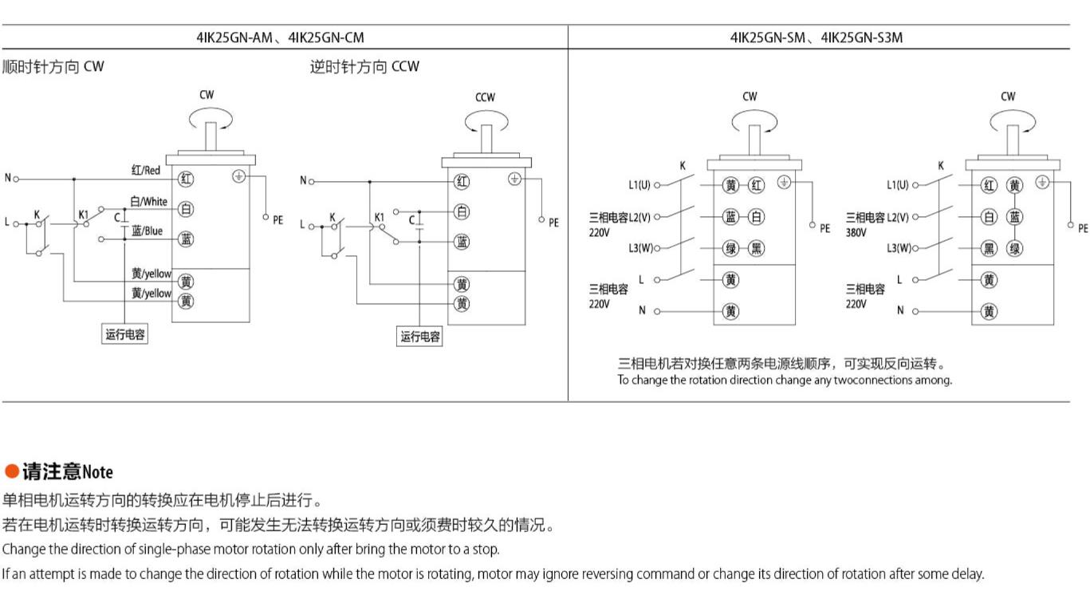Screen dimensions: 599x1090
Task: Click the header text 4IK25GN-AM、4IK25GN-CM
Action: tap(281, 37)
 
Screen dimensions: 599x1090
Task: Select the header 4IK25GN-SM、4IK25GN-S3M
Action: tap(817, 37)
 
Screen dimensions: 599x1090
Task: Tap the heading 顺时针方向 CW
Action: tap(53, 67)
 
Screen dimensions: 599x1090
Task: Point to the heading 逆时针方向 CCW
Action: tap(364, 67)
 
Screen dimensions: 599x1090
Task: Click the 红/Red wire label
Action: tap(146, 170)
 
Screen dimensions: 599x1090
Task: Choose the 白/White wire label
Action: tap(149, 202)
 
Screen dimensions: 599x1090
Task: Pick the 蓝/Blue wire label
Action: tap(148, 231)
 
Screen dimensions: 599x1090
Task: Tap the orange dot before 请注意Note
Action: tap(12, 471)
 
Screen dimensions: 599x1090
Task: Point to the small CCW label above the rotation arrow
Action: tap(485, 97)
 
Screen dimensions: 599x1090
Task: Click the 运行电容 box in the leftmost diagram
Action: tap(125, 334)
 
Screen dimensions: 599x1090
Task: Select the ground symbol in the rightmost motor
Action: tap(1042, 182)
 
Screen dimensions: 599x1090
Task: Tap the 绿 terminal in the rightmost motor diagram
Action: tap(1014, 248)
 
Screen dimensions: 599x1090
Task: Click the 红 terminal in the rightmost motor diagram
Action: tap(990, 186)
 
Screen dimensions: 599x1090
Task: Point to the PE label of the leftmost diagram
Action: tap(277, 220)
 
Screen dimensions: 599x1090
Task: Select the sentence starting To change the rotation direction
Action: tap(784, 380)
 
